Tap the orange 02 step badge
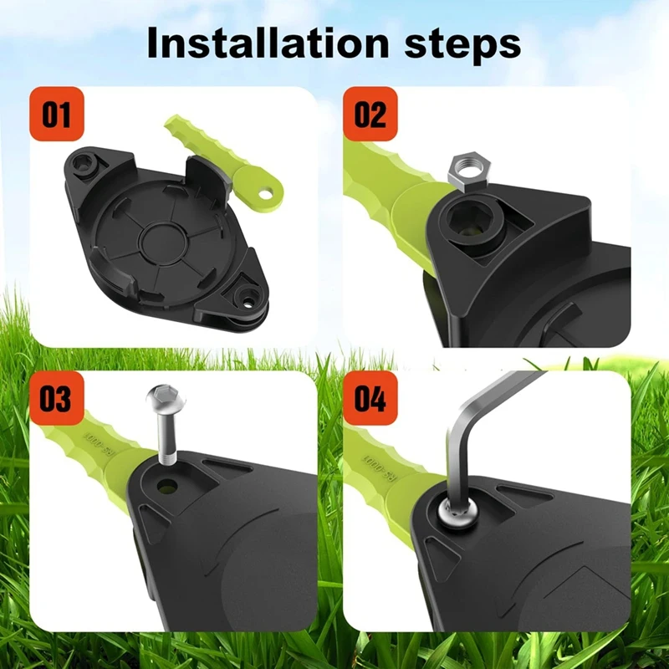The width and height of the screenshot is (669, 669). pyautogui.click(x=370, y=114)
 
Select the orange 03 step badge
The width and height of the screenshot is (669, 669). pyautogui.click(x=56, y=398)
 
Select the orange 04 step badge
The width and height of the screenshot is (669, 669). pyautogui.click(x=370, y=398)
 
